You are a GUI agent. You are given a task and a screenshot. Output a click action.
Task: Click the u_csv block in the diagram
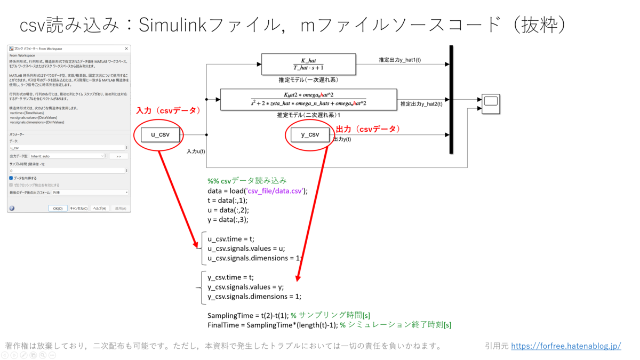(160, 134)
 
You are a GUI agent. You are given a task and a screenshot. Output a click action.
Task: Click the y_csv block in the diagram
(310, 134)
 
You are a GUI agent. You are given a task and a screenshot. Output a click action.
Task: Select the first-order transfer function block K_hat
(308, 64)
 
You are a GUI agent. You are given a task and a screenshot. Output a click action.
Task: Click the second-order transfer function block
(308, 100)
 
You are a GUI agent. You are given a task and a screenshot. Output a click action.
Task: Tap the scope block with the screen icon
(491, 103)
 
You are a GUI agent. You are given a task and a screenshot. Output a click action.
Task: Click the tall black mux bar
(451, 100)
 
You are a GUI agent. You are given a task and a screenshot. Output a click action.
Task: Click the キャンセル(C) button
(78, 209)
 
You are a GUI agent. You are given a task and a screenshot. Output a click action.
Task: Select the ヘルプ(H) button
(99, 209)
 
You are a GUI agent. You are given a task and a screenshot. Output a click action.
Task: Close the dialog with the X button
(126, 49)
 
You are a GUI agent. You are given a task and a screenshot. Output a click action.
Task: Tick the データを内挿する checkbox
(11, 178)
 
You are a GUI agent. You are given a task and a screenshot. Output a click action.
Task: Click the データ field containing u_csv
(67, 148)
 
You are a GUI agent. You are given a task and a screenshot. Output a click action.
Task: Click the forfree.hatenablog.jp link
(566, 346)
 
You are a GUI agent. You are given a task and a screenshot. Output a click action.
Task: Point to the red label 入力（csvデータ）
(168, 110)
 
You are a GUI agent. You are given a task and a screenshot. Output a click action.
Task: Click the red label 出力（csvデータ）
(367, 129)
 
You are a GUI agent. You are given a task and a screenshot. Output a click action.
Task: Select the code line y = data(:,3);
(228, 219)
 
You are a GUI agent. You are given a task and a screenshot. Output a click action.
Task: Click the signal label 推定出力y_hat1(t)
(399, 60)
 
